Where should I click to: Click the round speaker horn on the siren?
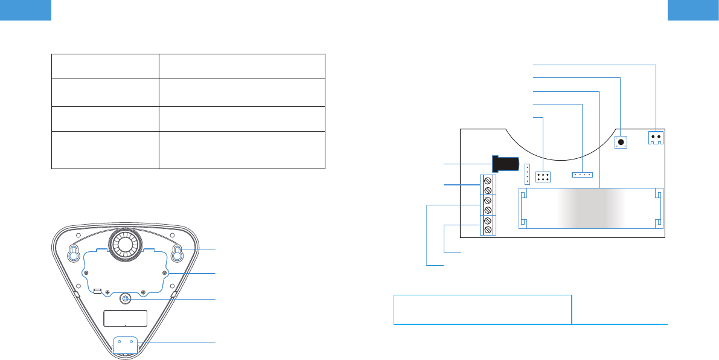click(125, 245)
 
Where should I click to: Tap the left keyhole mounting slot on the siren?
click(72, 254)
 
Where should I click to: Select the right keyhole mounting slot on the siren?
click(177, 254)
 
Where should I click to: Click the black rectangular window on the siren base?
click(126, 319)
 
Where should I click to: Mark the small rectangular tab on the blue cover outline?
click(97, 291)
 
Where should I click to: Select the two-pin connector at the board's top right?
click(656, 138)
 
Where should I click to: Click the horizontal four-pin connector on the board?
click(582, 175)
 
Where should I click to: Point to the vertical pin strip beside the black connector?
click(527, 174)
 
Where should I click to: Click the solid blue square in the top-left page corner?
click(25, 10)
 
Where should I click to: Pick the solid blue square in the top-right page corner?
click(693, 10)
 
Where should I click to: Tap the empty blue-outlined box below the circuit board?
click(482, 309)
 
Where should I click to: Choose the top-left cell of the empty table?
click(105, 66)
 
